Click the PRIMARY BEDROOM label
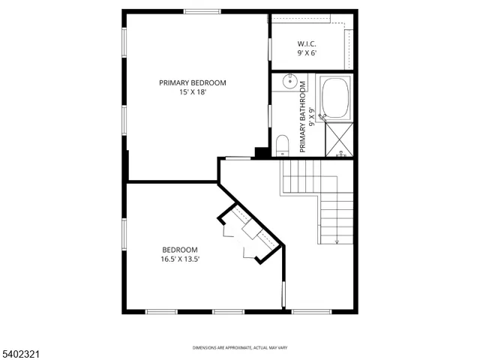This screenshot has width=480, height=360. (192, 82)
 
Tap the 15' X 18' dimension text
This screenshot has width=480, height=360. (192, 92)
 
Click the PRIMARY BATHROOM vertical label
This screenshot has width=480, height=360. (304, 116)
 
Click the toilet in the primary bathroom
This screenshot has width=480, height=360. (283, 143)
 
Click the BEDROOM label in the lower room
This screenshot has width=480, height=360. (180, 250)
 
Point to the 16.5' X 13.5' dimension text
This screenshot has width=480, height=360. (180, 259)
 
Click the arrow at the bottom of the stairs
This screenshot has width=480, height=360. (337, 241)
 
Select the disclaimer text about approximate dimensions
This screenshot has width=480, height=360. (239, 348)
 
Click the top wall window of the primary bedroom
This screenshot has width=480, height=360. (202, 11)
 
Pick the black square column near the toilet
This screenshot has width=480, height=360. (262, 152)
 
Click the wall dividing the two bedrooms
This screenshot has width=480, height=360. (172, 181)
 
